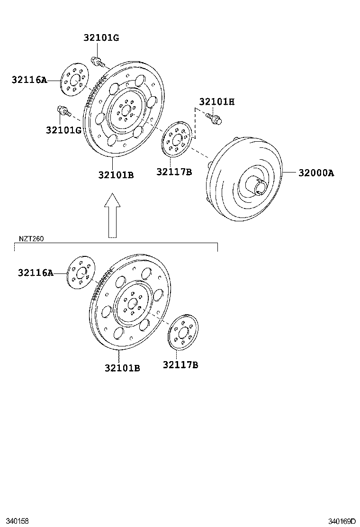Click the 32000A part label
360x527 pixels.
(316, 173)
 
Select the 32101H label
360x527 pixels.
(216, 102)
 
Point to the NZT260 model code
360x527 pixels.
(32, 239)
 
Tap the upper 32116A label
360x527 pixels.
(29, 80)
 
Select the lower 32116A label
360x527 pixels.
(36, 273)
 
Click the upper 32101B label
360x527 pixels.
(116, 175)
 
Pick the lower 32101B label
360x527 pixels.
(122, 368)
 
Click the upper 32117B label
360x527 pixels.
(174, 172)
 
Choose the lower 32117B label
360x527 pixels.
(180, 365)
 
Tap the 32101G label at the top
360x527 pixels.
(101, 38)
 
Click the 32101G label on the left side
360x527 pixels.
(64, 129)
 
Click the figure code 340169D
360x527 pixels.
(342, 521)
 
